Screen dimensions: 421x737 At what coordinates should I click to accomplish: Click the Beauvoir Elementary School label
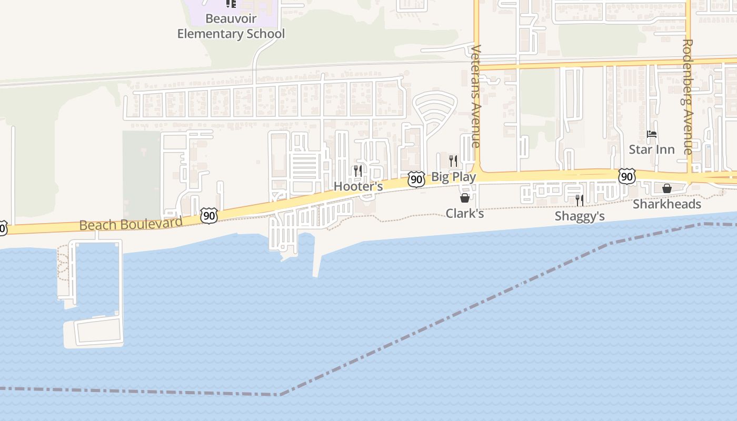pyautogui.click(x=231, y=26)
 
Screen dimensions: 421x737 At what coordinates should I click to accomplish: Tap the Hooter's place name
pyautogui.click(x=358, y=187)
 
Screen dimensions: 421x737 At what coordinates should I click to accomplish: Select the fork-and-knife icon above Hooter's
pyautogui.click(x=358, y=171)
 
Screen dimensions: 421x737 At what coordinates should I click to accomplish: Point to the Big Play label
pyautogui.click(x=453, y=177)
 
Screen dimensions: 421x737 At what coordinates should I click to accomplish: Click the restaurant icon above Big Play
pyautogui.click(x=453, y=161)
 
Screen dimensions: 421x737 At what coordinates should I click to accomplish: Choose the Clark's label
pyautogui.click(x=464, y=214)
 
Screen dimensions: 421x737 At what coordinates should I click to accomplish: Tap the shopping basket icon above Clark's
pyautogui.click(x=465, y=198)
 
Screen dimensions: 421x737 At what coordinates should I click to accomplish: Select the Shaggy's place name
pyautogui.click(x=580, y=216)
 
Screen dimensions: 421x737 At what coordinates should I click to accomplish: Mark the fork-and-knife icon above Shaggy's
pyautogui.click(x=580, y=200)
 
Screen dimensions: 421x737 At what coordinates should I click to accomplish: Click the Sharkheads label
pyautogui.click(x=666, y=204)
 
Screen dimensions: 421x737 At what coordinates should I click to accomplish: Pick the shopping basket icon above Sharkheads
pyautogui.click(x=666, y=188)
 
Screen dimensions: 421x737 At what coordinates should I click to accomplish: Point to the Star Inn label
pyautogui.click(x=652, y=150)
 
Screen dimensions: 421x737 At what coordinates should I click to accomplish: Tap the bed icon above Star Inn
pyautogui.click(x=652, y=134)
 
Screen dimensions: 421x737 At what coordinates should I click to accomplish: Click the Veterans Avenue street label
pyautogui.click(x=476, y=96)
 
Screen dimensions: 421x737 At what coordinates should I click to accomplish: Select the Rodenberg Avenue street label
pyautogui.click(x=688, y=97)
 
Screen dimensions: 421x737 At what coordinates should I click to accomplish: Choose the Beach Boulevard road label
pyautogui.click(x=131, y=224)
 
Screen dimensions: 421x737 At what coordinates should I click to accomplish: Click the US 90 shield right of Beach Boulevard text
pyautogui.click(x=209, y=215)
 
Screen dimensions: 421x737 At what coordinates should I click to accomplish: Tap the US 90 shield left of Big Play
pyautogui.click(x=416, y=179)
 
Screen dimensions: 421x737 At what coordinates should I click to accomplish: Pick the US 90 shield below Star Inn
pyautogui.click(x=626, y=176)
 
